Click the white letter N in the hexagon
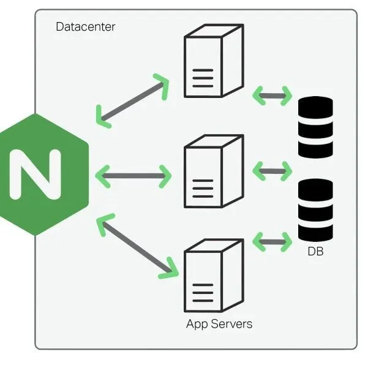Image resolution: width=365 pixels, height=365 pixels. pyautogui.click(x=35, y=175)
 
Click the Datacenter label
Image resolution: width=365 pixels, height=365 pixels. pyautogui.click(x=85, y=27)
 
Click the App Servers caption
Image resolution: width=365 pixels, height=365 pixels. pyautogui.click(x=219, y=323)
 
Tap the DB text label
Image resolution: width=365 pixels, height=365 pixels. pyautogui.click(x=315, y=252)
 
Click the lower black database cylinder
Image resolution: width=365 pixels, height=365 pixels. pyautogui.click(x=315, y=209)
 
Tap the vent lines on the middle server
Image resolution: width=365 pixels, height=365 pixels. pyautogui.click(x=203, y=189)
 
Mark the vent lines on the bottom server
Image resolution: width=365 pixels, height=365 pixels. pyautogui.click(x=203, y=293)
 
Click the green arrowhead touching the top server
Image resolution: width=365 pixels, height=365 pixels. pyautogui.click(x=160, y=85)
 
